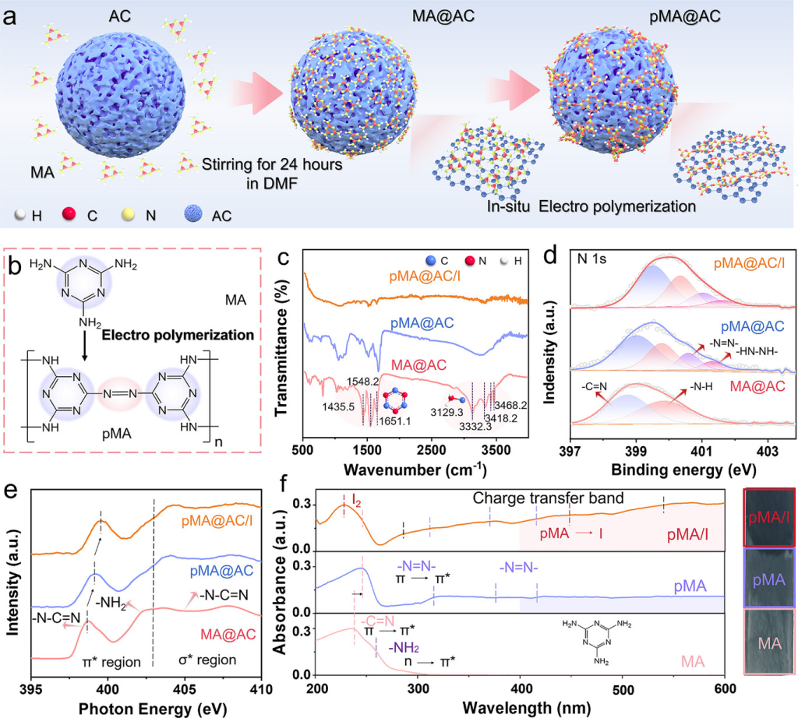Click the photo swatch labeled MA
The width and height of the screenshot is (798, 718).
(x=770, y=642)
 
